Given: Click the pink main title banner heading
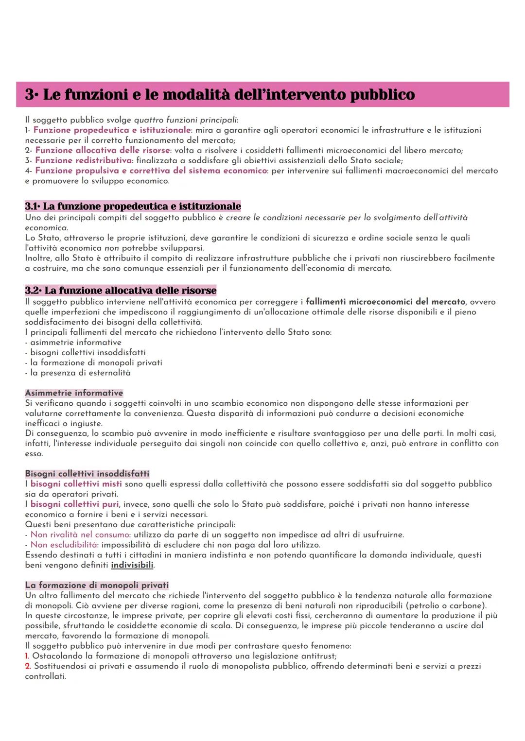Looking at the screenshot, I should coord(220,94).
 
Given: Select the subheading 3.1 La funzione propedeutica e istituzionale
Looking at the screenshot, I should coord(133,206).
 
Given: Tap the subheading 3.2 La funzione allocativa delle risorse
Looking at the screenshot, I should coord(121,291).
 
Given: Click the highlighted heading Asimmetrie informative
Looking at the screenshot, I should coord(74,393).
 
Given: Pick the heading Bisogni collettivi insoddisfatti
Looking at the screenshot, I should coord(87,473).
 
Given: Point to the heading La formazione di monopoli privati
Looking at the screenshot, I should coord(97,585).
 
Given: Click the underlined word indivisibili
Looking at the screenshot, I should coord(132,565).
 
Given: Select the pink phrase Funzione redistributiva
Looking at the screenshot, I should coord(83,160).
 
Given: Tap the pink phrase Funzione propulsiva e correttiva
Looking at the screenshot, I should coord(151,171).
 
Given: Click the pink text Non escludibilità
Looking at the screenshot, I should coord(64,545).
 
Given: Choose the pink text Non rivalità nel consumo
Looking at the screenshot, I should coord(80,534).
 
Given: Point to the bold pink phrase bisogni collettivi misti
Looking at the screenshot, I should coord(76,484).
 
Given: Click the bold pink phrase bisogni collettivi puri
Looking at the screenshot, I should coord(74,504).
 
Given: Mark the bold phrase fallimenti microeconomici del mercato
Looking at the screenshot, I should coord(385,302).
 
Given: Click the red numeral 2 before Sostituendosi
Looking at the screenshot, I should coord(28,666).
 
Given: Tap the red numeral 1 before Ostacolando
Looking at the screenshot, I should coord(27,656).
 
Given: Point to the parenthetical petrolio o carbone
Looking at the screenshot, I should coord(446,605).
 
